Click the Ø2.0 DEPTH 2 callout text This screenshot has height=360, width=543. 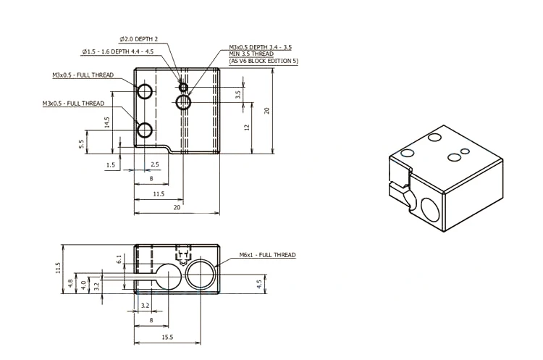coord(138,38)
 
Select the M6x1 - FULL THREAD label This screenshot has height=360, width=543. coord(267,255)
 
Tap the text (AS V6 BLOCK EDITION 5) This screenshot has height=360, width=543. coord(264,61)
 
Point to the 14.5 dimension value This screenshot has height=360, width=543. coord(106,122)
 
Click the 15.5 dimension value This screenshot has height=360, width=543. coord(167,338)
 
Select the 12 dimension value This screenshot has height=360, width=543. coord(246,127)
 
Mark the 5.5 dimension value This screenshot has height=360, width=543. coord(81,143)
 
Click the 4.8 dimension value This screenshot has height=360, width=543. coord(70,283)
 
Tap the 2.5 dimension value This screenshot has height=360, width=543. coord(155,165)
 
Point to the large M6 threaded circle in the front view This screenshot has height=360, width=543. coord(201,275)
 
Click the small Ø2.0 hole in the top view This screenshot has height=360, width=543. coord(183,88)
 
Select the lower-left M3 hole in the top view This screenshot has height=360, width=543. coord(145,130)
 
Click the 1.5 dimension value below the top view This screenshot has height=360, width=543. coord(110,165)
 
